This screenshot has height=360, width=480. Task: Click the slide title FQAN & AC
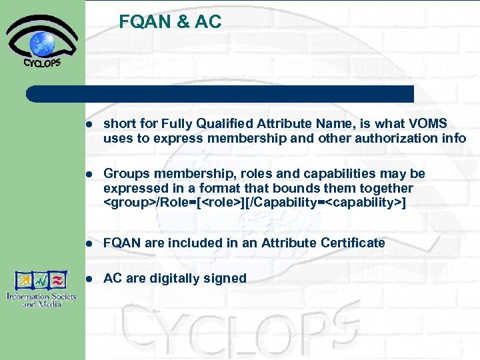170,22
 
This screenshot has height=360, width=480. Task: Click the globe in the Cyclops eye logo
42,44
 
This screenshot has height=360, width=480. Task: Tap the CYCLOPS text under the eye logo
42,63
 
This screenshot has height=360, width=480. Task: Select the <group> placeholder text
129,201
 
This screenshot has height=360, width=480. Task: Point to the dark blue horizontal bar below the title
220,93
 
